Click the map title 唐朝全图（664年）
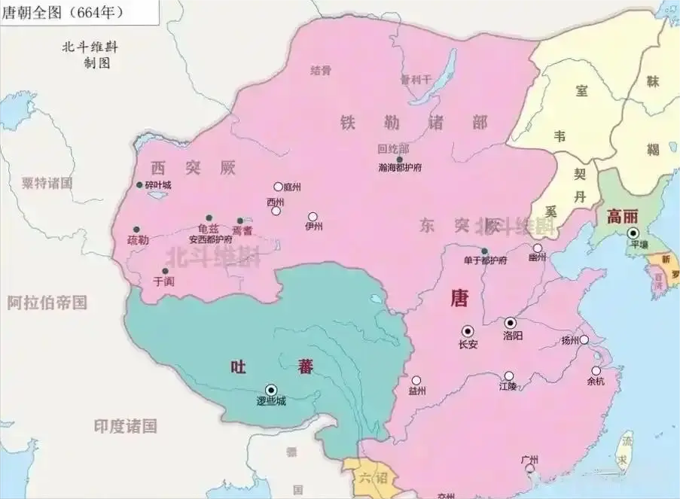coord(63,13)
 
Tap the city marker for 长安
coord(468,330)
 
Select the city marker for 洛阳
coord(511,322)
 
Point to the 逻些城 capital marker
coord(271,389)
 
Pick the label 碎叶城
coord(157,185)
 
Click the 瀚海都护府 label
coord(400,168)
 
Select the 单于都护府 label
coord(485,260)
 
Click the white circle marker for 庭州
coord(278,187)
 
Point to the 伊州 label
coord(313,226)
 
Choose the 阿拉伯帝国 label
coord(47,303)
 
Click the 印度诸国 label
coord(125,426)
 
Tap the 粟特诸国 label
coord(47,183)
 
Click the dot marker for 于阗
coord(165,271)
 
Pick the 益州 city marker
coord(416,380)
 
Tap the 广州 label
coord(530,459)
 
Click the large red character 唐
coord(459,298)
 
